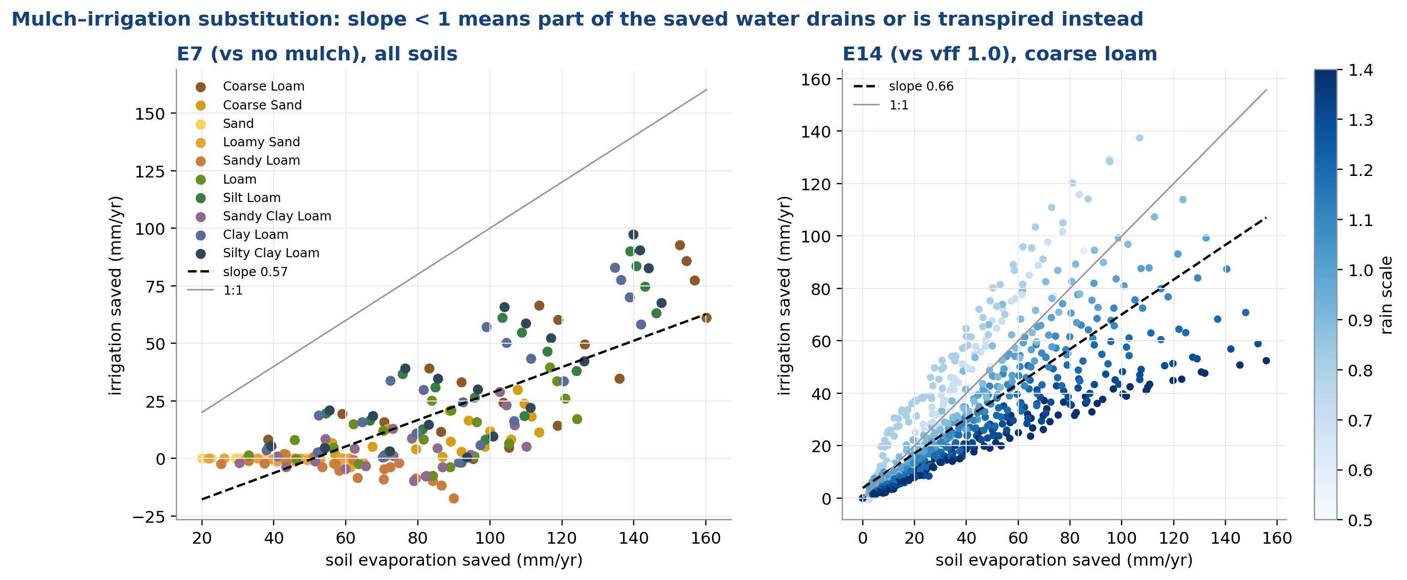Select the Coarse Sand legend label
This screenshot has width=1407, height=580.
[262, 105]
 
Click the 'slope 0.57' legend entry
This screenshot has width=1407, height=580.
[238, 272]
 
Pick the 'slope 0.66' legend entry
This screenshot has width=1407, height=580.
[903, 86]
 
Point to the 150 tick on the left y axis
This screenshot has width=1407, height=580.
[150, 114]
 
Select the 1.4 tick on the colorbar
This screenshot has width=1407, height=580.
[1360, 70]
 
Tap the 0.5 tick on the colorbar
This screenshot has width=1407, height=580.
[1360, 520]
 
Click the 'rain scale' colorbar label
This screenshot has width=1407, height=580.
[1386, 295]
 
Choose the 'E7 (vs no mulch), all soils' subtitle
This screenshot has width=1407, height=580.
[317, 54]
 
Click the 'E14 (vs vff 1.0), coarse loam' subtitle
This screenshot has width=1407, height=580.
[999, 54]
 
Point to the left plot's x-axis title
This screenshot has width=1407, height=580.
[454, 561]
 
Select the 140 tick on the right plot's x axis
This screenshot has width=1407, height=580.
[1225, 538]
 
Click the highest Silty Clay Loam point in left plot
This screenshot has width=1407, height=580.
[633, 234]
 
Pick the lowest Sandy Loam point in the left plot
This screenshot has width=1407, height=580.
[453, 498]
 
